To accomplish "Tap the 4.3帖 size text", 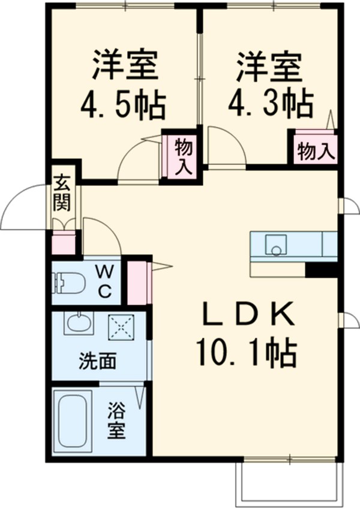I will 270,104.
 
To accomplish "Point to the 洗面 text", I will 96,362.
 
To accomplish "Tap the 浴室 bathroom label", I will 116,422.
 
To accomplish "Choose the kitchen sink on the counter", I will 277,244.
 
